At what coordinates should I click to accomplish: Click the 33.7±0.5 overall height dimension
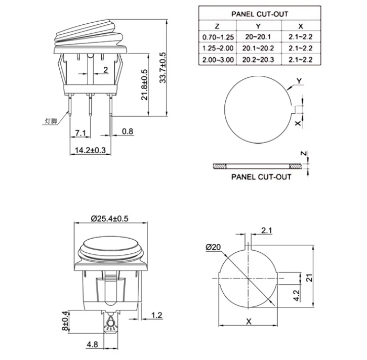click(162, 68)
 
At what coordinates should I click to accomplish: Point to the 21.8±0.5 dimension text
click(144, 84)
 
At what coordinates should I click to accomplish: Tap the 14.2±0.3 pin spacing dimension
click(90, 150)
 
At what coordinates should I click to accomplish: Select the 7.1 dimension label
click(80, 133)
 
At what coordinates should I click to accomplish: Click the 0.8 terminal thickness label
click(128, 131)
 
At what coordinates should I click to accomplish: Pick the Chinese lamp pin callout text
click(51, 121)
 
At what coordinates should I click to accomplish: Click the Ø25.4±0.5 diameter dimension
click(110, 218)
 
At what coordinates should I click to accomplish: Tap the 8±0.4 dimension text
click(65, 321)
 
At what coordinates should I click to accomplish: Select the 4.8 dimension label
click(92, 344)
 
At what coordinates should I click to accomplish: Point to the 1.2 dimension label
click(156, 316)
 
